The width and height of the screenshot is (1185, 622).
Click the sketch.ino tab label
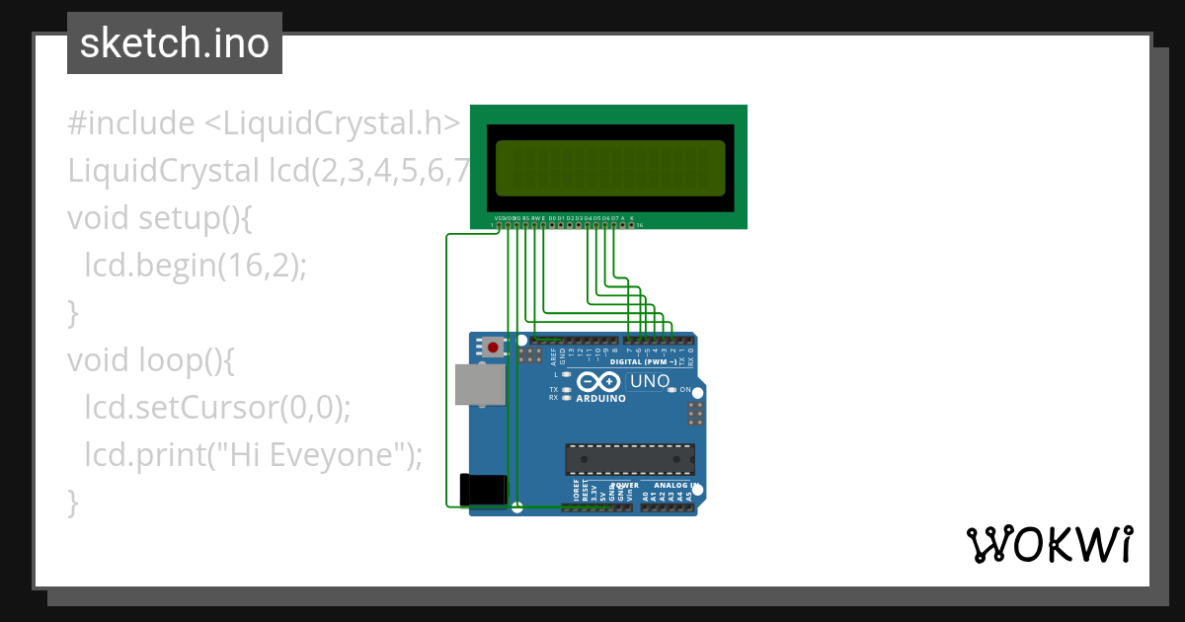click(175, 43)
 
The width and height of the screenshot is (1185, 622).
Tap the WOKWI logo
click(1049, 545)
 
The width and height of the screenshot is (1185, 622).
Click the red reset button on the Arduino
click(492, 347)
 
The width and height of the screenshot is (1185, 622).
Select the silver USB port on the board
click(480, 384)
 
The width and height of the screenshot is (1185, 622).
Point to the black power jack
click(483, 491)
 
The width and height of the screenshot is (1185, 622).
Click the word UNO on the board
click(649, 381)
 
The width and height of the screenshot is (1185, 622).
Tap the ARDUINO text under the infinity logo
click(600, 399)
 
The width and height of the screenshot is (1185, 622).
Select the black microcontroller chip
click(629, 459)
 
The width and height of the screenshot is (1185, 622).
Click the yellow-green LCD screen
click(609, 168)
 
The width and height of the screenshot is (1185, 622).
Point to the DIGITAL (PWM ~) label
click(643, 362)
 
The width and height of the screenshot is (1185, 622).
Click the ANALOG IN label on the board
click(673, 486)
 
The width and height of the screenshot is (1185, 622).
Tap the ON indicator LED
click(671, 390)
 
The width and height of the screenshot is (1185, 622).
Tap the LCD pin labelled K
click(632, 225)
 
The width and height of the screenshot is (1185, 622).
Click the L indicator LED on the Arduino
click(566, 375)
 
